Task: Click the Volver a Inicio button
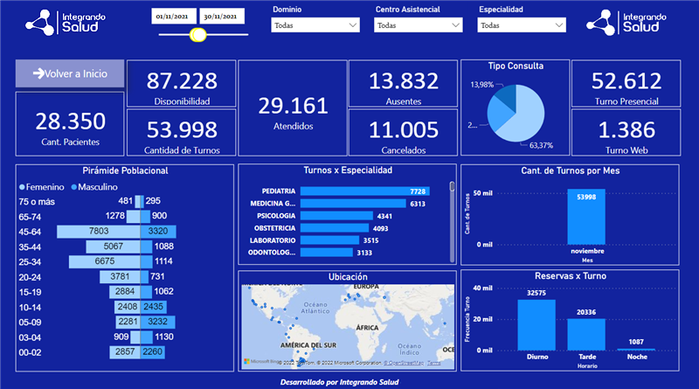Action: tap(70, 74)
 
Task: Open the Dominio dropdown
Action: tap(315, 25)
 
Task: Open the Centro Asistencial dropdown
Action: tap(418, 25)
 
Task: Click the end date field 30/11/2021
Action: tap(223, 17)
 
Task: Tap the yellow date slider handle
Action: tap(197, 35)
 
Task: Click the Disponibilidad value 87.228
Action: tap(182, 81)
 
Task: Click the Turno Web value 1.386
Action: tap(623, 130)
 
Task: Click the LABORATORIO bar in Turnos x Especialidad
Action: tap(329, 240)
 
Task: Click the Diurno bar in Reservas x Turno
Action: tap(536, 324)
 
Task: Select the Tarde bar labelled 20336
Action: tap(586, 333)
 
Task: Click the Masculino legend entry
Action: tap(101, 187)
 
